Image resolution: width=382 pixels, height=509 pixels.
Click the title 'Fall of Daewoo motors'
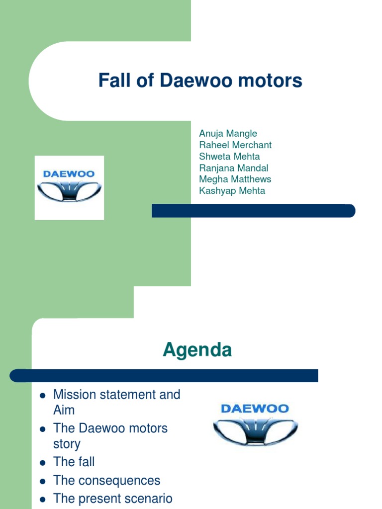200,80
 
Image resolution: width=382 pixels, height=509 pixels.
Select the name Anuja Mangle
228,133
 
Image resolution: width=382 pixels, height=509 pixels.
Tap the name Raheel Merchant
235,145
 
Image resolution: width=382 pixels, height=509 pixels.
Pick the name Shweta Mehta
229,156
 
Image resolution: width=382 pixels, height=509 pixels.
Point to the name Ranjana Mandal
233,168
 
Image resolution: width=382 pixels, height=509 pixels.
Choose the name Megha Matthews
235,179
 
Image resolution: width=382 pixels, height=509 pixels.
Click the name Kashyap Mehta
232,190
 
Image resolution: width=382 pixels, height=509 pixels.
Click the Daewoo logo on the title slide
69,187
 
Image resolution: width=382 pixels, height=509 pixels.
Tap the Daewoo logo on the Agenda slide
255,424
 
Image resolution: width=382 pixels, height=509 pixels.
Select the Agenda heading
197,350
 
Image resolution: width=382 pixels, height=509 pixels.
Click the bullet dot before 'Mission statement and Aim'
43,396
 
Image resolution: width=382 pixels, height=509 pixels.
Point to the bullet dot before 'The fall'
43,463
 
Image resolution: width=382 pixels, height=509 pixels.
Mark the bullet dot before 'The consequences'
43,481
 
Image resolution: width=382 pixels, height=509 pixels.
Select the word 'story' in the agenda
67,444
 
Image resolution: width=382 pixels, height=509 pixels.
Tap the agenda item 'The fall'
74,462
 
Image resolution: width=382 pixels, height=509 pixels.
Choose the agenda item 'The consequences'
106,481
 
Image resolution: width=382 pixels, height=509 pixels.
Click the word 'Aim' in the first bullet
64,410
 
